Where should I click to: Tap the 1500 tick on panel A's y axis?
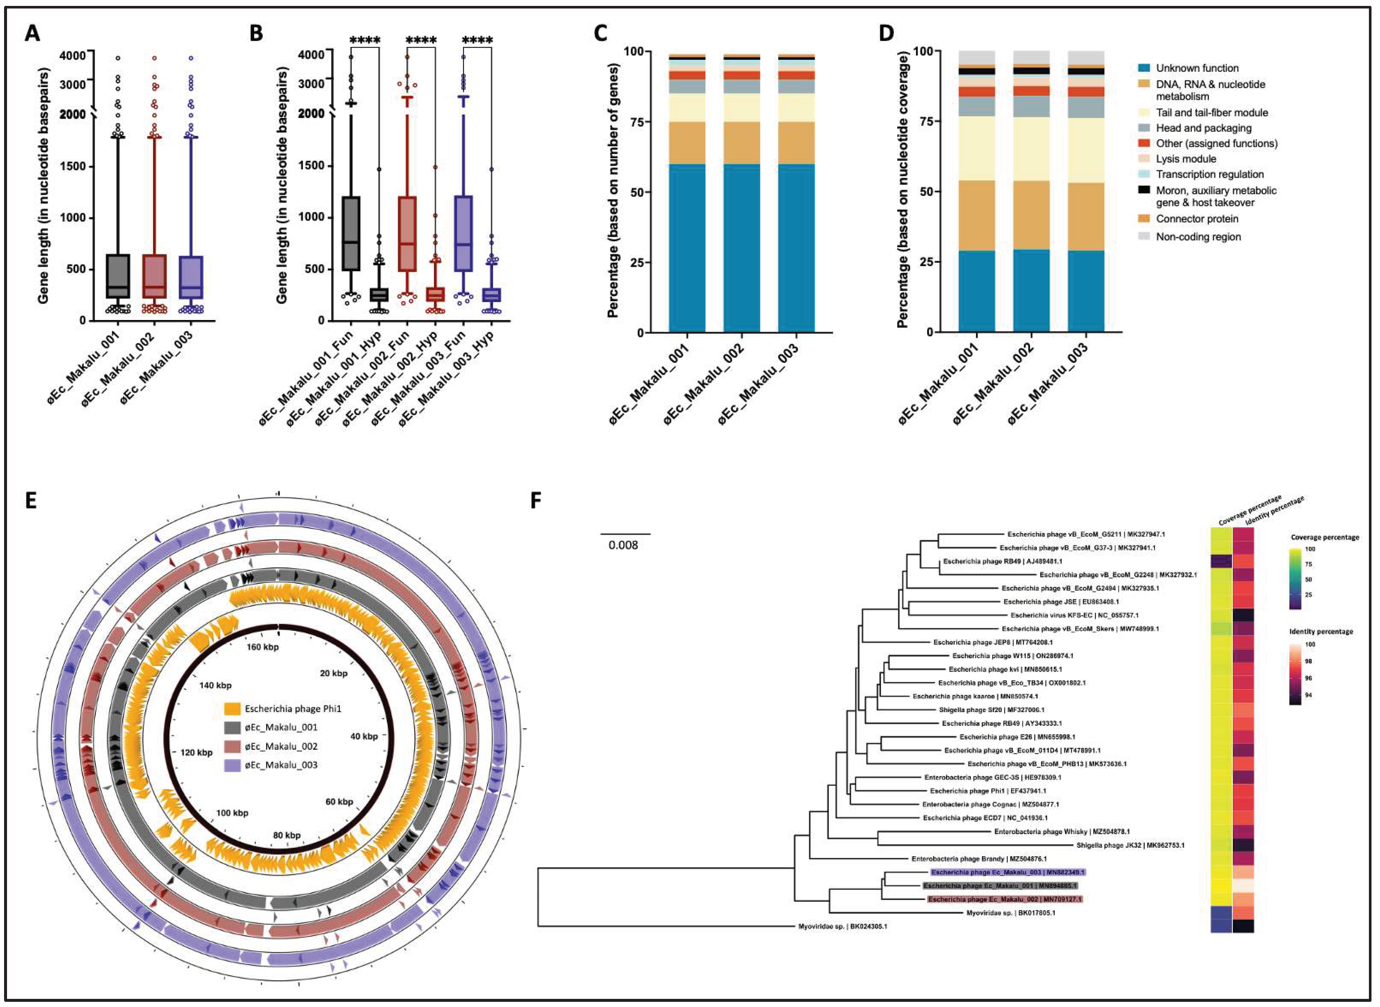click(x=72, y=166)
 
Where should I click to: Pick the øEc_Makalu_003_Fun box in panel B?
click(x=464, y=234)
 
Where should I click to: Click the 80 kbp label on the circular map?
click(x=286, y=835)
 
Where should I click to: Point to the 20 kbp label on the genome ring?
click(x=333, y=673)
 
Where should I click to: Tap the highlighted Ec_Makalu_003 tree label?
click(x=1007, y=872)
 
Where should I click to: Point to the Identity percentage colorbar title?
click(x=1321, y=632)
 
